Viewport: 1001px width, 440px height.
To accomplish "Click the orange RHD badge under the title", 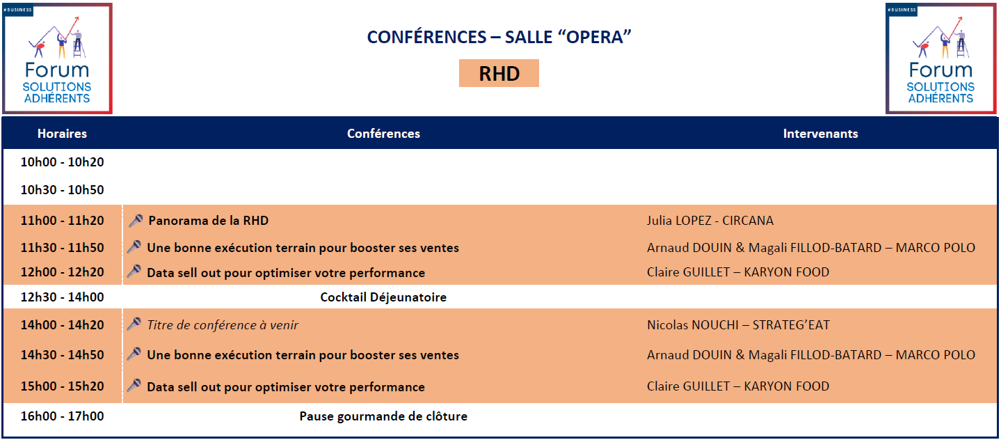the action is coord(499,73).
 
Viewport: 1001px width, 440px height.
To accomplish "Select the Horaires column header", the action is coord(62,133).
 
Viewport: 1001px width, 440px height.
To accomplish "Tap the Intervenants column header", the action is coord(820,133).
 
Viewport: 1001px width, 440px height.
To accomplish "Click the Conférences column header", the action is coord(383,133).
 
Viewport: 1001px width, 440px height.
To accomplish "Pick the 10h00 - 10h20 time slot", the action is coord(62,162).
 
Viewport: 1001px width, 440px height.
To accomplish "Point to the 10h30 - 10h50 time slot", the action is coord(62,189).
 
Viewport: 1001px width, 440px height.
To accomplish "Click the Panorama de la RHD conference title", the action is coord(208,221).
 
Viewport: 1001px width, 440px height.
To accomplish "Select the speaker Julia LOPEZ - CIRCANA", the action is coord(710,221).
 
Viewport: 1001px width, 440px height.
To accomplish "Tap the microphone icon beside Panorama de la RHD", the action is coord(136,221).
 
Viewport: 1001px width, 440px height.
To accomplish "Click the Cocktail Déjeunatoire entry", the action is coord(383,297).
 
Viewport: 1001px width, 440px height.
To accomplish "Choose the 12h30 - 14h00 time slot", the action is coord(62,297).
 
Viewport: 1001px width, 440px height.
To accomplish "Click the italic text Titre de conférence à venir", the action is coord(223,324).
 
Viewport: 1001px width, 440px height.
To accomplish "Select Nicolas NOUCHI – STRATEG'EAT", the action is coord(738,324).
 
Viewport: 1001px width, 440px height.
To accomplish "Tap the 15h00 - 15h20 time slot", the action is coord(62,386).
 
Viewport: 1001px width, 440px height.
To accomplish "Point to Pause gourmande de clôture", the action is coord(383,416).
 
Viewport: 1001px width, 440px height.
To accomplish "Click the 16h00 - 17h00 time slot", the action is coord(62,416).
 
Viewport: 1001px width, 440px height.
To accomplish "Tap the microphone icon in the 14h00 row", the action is coord(134,324).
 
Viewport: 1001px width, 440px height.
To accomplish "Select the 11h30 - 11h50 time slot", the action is coord(62,247).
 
